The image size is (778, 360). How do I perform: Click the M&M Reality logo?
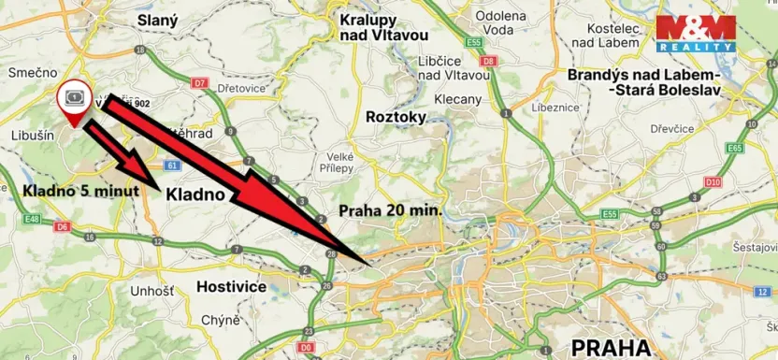pyautogui.click(x=694, y=33)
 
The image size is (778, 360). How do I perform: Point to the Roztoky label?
pyautogui.click(x=396, y=117)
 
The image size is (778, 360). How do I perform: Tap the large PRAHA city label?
pyautogui.click(x=611, y=349)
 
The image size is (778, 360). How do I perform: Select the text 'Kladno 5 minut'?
pyautogui.click(x=81, y=191)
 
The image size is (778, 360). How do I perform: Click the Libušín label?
pyautogui.click(x=31, y=137)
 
